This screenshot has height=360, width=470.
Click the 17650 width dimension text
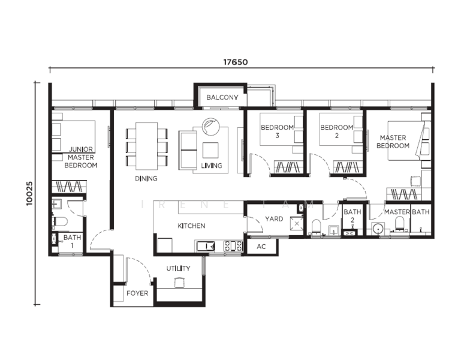coord(236,62)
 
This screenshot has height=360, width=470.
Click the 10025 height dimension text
coord(29,194)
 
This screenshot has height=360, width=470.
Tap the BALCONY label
coord(222,97)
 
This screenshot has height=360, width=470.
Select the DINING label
coord(146,179)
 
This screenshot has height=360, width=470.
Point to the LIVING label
coord(212,166)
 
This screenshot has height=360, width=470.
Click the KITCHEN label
coord(191,226)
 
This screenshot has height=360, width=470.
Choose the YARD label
coord(274,219)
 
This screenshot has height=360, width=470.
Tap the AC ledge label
coord(261,247)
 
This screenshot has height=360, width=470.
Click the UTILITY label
coord(179,268)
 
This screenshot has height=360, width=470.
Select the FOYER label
coord(137,293)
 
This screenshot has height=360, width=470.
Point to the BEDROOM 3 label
coord(277,131)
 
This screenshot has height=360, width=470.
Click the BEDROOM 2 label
coord(337,131)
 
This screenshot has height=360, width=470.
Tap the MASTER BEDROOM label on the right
coord(393,142)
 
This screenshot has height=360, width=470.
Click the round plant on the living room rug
coord(211,126)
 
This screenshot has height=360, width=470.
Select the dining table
coord(146,146)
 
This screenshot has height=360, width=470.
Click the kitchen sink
coord(206,246)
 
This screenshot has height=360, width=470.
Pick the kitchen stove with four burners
coord(233,246)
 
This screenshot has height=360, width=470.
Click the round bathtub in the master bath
coord(379,230)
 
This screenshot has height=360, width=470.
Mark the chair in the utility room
coord(179,283)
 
